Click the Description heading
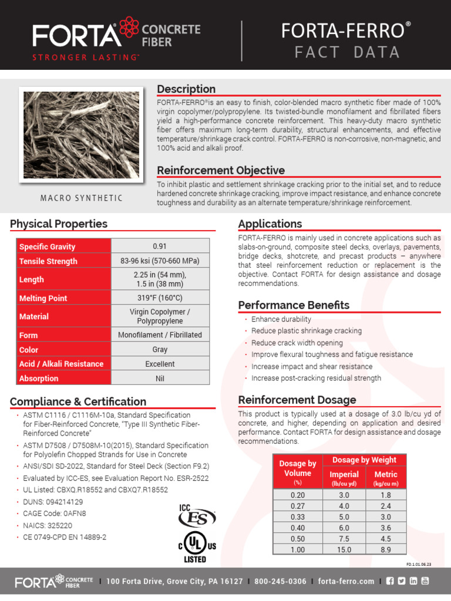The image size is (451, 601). click(186, 89)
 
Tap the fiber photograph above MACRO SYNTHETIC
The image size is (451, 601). click(81, 134)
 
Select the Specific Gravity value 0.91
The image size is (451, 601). click(160, 247)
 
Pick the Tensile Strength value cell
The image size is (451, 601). click(160, 261)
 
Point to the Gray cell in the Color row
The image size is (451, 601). click(160, 349)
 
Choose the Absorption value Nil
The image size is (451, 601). click(160, 379)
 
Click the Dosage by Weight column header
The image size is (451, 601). click(364, 460)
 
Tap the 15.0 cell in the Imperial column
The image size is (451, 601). click(344, 550)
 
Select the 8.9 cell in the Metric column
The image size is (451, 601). click(385, 550)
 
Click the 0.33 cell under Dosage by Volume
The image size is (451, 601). click(298, 516)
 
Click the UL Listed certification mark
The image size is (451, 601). click(197, 547)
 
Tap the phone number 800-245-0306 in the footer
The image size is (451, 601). click(280, 582)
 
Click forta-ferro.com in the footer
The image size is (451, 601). click(346, 582)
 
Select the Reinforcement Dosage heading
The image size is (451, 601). click(297, 400)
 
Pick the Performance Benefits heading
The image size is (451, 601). click(294, 305)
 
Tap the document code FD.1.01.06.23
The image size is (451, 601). click(419, 564)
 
